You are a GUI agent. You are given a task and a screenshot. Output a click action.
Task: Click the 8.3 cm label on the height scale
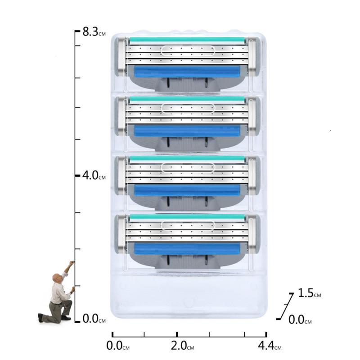pyautogui.click(x=94, y=31)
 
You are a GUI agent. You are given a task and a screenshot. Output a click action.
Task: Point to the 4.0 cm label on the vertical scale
pyautogui.click(x=94, y=175)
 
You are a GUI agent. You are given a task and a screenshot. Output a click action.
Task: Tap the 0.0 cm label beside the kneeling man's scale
pyautogui.click(x=94, y=319)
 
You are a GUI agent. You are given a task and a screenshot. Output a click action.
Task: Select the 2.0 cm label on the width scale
pyautogui.click(x=182, y=346)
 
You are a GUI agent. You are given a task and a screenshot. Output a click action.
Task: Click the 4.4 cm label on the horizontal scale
pyautogui.click(x=270, y=346)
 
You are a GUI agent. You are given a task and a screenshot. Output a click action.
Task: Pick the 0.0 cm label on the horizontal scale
pyautogui.click(x=118, y=346)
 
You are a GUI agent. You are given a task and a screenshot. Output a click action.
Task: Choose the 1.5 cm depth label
pyautogui.click(x=309, y=293)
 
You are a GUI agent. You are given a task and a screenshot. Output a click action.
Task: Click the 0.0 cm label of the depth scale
pyautogui.click(x=300, y=319)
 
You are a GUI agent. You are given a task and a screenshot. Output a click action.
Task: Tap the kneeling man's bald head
pyautogui.click(x=57, y=278)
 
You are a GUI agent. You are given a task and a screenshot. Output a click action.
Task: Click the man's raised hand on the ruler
pyautogui.click(x=72, y=262)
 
